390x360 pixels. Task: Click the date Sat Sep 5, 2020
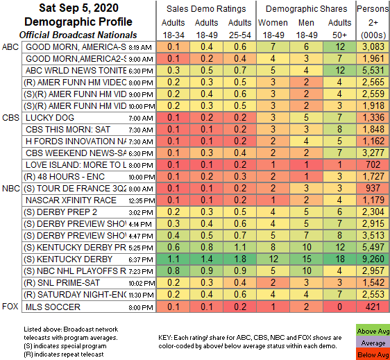(x=53, y=9)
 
